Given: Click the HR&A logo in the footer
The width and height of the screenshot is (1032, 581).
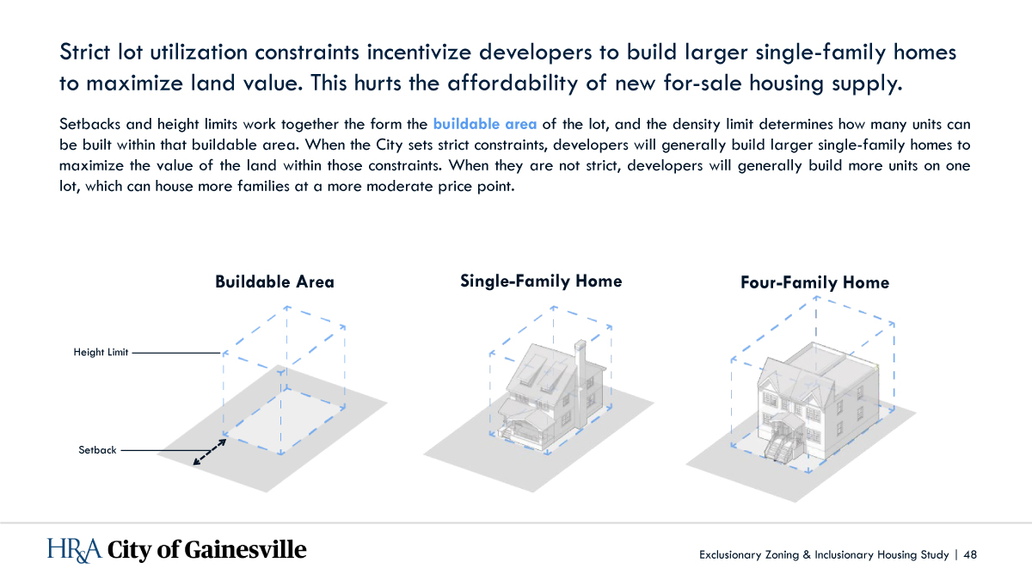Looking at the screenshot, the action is pyautogui.click(x=74, y=550).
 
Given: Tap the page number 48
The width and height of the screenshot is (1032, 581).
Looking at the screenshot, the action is pyautogui.click(x=970, y=554).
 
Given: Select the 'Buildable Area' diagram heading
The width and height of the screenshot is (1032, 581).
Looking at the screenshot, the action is pyautogui.click(x=274, y=281).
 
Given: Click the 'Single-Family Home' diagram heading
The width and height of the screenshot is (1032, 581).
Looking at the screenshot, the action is pyautogui.click(x=541, y=281).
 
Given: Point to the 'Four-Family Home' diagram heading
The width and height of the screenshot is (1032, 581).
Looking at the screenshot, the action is pyautogui.click(x=814, y=282).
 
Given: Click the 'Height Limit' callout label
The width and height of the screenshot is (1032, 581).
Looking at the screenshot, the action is pyautogui.click(x=101, y=352).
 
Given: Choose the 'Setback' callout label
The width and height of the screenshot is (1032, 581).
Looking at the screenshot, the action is pyautogui.click(x=97, y=450).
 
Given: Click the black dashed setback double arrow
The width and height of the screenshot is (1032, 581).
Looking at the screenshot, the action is pyautogui.click(x=210, y=452).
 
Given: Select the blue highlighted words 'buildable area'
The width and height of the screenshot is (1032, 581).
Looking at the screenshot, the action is pyautogui.click(x=485, y=124).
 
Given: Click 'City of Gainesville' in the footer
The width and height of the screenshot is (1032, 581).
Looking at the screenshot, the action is pyautogui.click(x=207, y=550).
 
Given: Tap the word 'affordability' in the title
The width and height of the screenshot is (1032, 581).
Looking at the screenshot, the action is pyautogui.click(x=513, y=83).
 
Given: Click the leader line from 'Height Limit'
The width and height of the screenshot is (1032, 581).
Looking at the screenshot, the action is pyautogui.click(x=176, y=353).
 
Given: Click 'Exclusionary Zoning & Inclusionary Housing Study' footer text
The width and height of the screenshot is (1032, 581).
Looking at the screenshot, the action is pyautogui.click(x=824, y=554).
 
